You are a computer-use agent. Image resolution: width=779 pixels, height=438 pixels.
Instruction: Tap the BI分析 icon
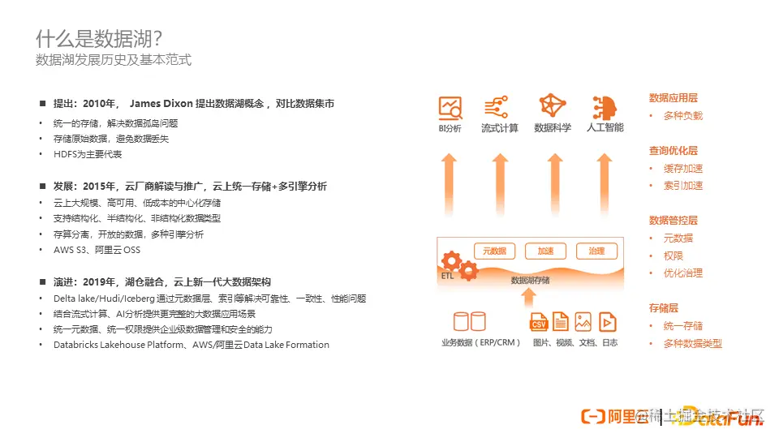[450, 107]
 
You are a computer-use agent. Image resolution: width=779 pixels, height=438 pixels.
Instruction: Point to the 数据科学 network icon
[553, 106]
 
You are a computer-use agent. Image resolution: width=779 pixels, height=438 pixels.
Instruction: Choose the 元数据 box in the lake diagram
[494, 251]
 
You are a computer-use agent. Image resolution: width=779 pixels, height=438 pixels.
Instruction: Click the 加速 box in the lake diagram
[545, 251]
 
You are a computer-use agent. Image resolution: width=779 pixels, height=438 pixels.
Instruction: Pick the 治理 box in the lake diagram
[596, 251]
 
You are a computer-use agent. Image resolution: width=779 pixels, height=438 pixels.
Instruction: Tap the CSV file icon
[539, 321]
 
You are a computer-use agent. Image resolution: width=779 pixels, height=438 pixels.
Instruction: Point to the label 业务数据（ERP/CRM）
[481, 343]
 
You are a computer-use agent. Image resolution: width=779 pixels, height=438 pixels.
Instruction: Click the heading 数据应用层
[674, 98]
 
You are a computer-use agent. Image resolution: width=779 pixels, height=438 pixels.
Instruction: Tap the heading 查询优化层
[674, 151]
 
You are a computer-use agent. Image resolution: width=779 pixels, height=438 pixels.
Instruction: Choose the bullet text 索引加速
[683, 186]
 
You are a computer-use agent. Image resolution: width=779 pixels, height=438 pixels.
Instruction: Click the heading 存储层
[664, 308]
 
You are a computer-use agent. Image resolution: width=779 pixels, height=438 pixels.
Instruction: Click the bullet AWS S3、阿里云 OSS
[97, 250]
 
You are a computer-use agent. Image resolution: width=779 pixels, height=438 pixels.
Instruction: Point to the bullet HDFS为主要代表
[88, 154]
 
